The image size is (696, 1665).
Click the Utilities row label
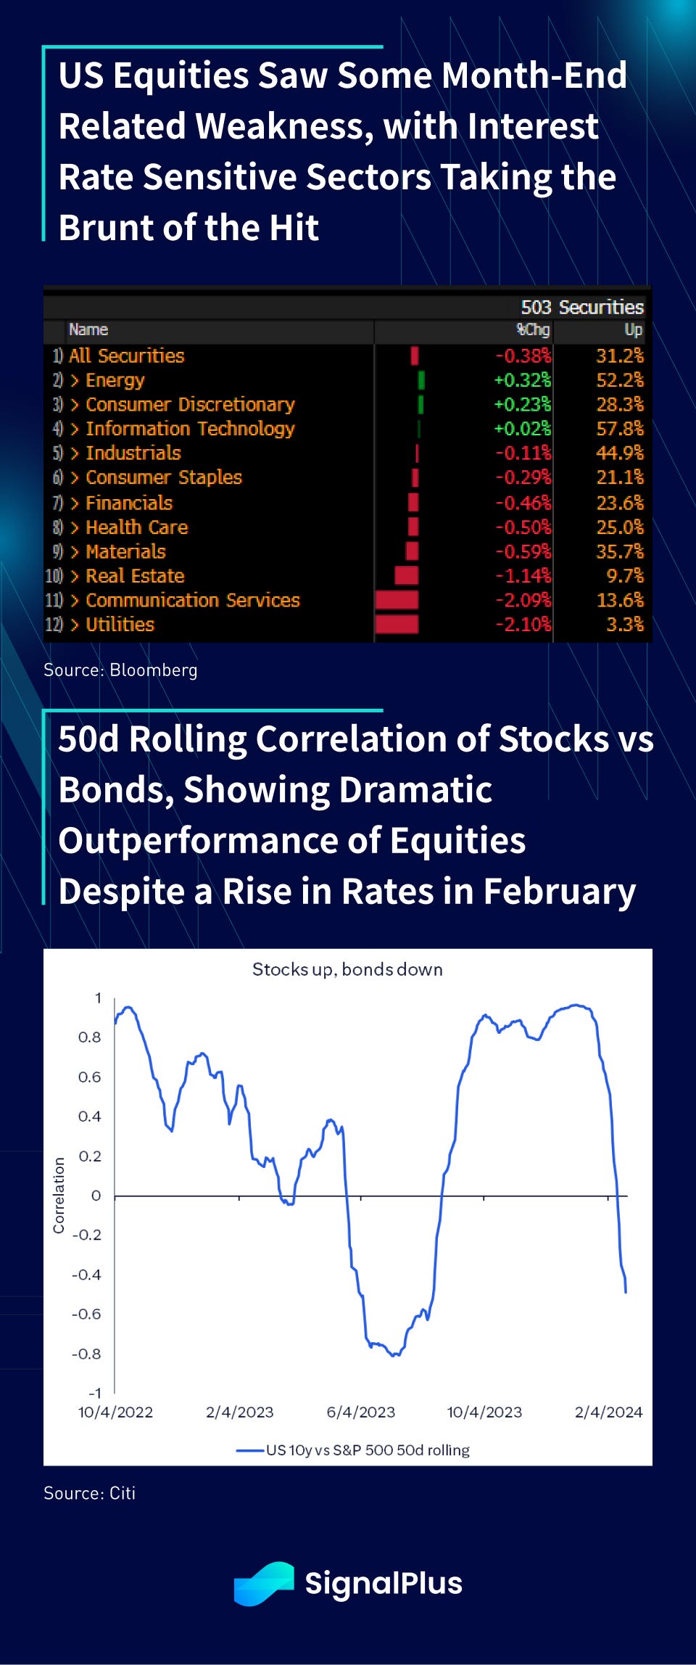click(120, 625)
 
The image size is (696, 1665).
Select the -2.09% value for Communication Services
click(523, 601)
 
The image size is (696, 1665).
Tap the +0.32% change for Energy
click(522, 380)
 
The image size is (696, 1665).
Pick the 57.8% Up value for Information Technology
click(619, 429)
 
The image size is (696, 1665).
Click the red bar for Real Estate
click(406, 576)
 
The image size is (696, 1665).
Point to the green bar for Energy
click(421, 380)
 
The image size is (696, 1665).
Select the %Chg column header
click(533, 330)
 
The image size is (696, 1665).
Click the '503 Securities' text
click(582, 308)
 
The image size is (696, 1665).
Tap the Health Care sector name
click(136, 527)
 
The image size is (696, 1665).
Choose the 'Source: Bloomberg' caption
click(120, 670)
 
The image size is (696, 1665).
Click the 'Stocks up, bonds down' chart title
click(347, 970)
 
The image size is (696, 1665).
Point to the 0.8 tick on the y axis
click(90, 1037)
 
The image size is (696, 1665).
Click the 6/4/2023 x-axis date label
click(361, 1413)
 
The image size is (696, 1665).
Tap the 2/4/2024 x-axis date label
click(608, 1413)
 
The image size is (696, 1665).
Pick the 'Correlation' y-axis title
click(59, 1196)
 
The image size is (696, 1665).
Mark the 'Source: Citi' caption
click(90, 1493)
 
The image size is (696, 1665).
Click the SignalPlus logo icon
click(263, 1584)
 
